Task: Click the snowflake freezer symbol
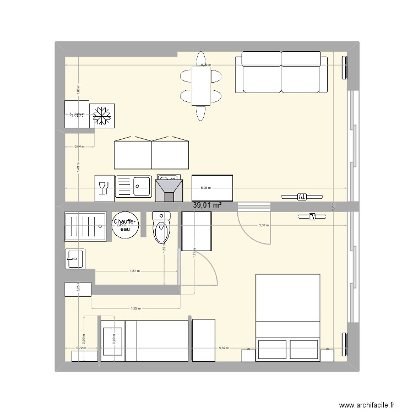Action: (101, 116)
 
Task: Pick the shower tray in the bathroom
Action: (85, 226)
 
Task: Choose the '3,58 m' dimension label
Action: (265, 225)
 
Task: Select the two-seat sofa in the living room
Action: (281, 72)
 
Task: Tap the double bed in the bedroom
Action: (288, 317)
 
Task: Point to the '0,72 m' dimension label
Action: (80, 349)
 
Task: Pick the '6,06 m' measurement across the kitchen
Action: (205, 188)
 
